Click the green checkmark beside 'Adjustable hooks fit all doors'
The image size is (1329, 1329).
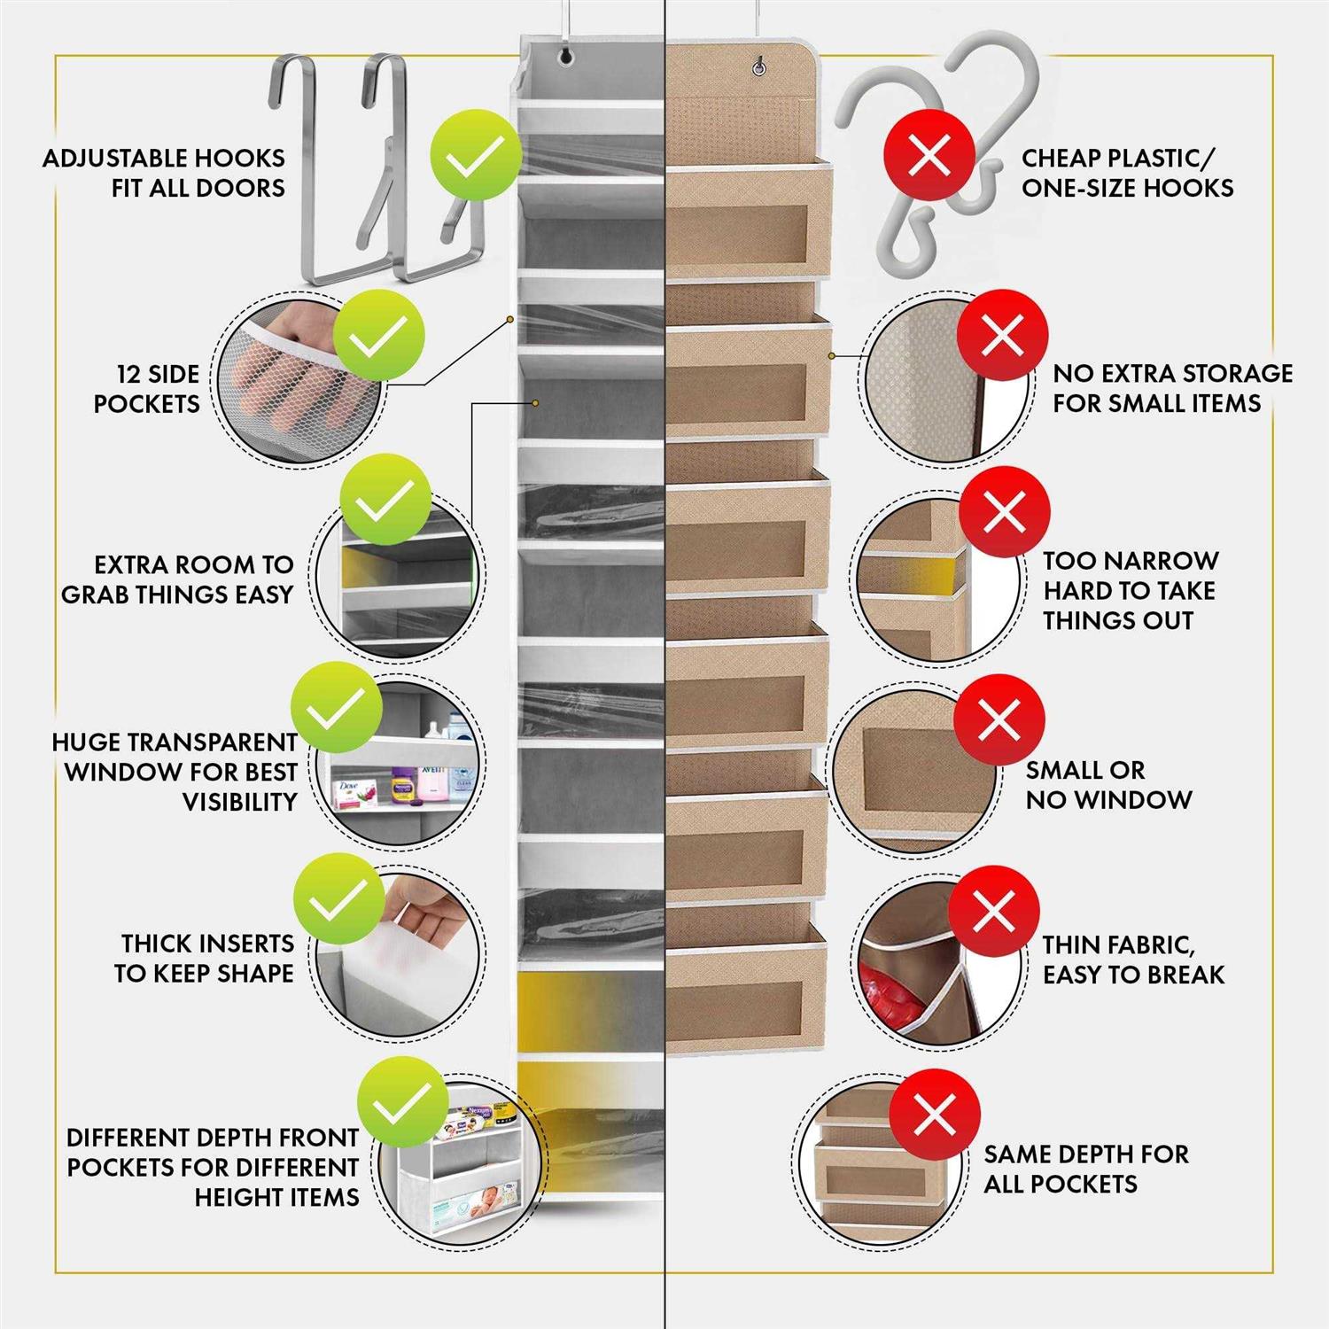[476, 157]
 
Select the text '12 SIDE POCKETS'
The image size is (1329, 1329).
[146, 389]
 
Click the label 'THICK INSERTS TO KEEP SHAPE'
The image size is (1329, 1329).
[205, 958]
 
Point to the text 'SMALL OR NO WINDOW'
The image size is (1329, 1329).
[1108, 784]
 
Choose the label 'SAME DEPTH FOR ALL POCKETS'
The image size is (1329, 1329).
[1086, 1169]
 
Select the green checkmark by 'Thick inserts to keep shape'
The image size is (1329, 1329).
[339, 900]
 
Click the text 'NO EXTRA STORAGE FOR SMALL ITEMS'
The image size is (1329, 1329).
[1172, 388]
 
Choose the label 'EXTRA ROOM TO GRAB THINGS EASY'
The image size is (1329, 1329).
[177, 579]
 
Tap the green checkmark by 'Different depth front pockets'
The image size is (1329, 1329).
[403, 1102]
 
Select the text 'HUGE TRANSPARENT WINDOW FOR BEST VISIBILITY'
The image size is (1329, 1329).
[175, 772]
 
